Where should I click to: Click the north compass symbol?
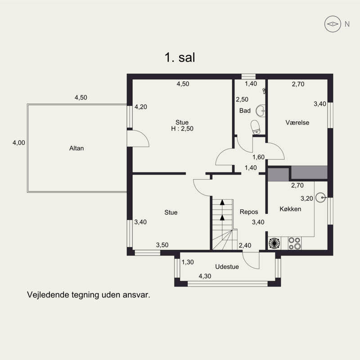[332, 24]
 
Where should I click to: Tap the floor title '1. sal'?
[180, 57]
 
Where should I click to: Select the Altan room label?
[76, 148]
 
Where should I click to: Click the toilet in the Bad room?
[255, 127]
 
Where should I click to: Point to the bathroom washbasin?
[261, 111]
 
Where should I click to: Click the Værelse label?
[297, 122]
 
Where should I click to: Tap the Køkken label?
[290, 209]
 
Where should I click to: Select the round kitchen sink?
[320, 198]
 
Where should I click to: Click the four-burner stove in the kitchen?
[295, 243]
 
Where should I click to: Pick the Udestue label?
[227, 267]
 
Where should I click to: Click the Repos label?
[249, 212]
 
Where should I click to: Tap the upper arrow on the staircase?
[222, 202]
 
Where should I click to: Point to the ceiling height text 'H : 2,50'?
[182, 129]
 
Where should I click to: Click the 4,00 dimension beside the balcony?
[19, 143]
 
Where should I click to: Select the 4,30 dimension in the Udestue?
[205, 276]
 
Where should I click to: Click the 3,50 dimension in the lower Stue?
[162, 245]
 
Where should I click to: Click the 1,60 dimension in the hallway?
[258, 157]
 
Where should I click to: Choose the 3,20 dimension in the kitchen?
[307, 198]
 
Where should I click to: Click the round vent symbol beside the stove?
[274, 243]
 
